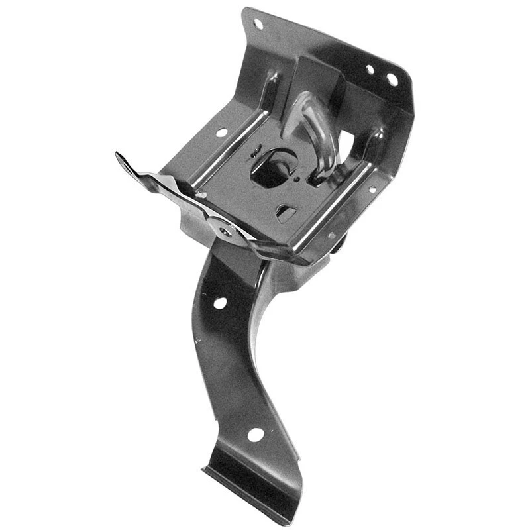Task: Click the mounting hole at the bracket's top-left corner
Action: (x=258, y=24)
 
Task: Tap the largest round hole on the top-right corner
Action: (x=392, y=79)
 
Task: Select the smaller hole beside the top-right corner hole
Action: (x=370, y=70)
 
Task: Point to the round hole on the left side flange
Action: (x=221, y=132)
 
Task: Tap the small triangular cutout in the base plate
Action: (x=285, y=213)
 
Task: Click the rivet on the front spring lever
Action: (x=226, y=230)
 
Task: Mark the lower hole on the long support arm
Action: (x=254, y=435)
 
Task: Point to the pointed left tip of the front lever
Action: (x=120, y=157)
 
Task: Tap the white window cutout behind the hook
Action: (x=345, y=142)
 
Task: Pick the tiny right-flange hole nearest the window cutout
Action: (x=373, y=189)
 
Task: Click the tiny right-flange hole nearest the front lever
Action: (x=331, y=235)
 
